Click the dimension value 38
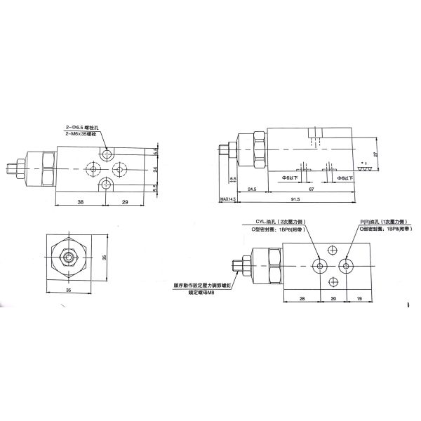81,202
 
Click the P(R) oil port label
382,222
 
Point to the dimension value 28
302,298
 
